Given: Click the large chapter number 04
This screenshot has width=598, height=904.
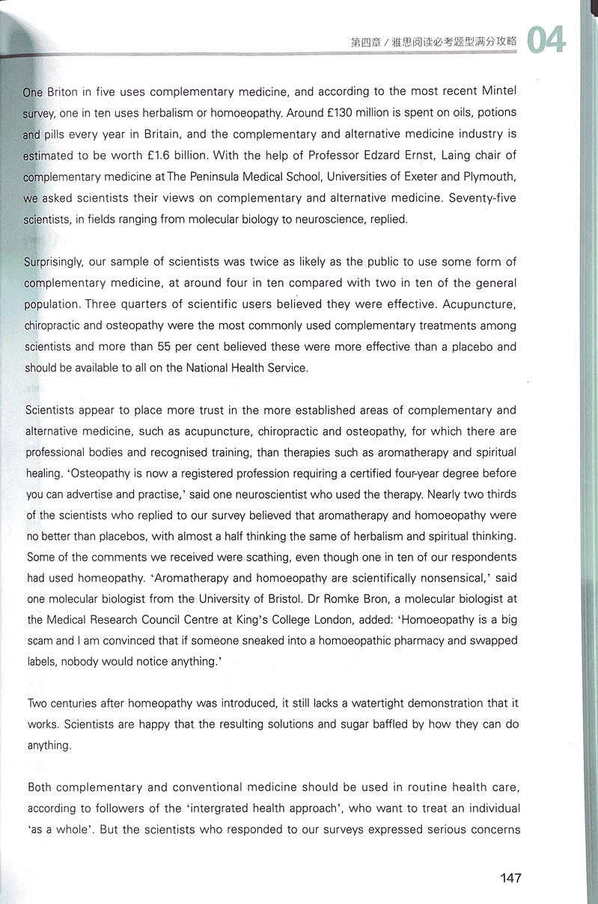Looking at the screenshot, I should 546,40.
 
